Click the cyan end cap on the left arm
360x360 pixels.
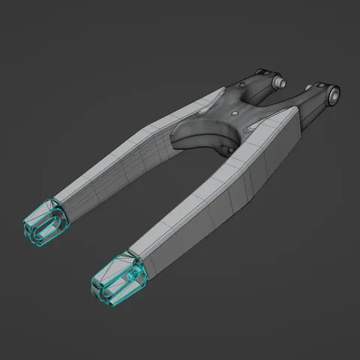pos(45,222)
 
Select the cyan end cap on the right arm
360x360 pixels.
pos(118,278)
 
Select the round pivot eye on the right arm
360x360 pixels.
pos(331,94)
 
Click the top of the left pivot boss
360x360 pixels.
pos(262,73)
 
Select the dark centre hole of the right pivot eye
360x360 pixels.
pos(332,94)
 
